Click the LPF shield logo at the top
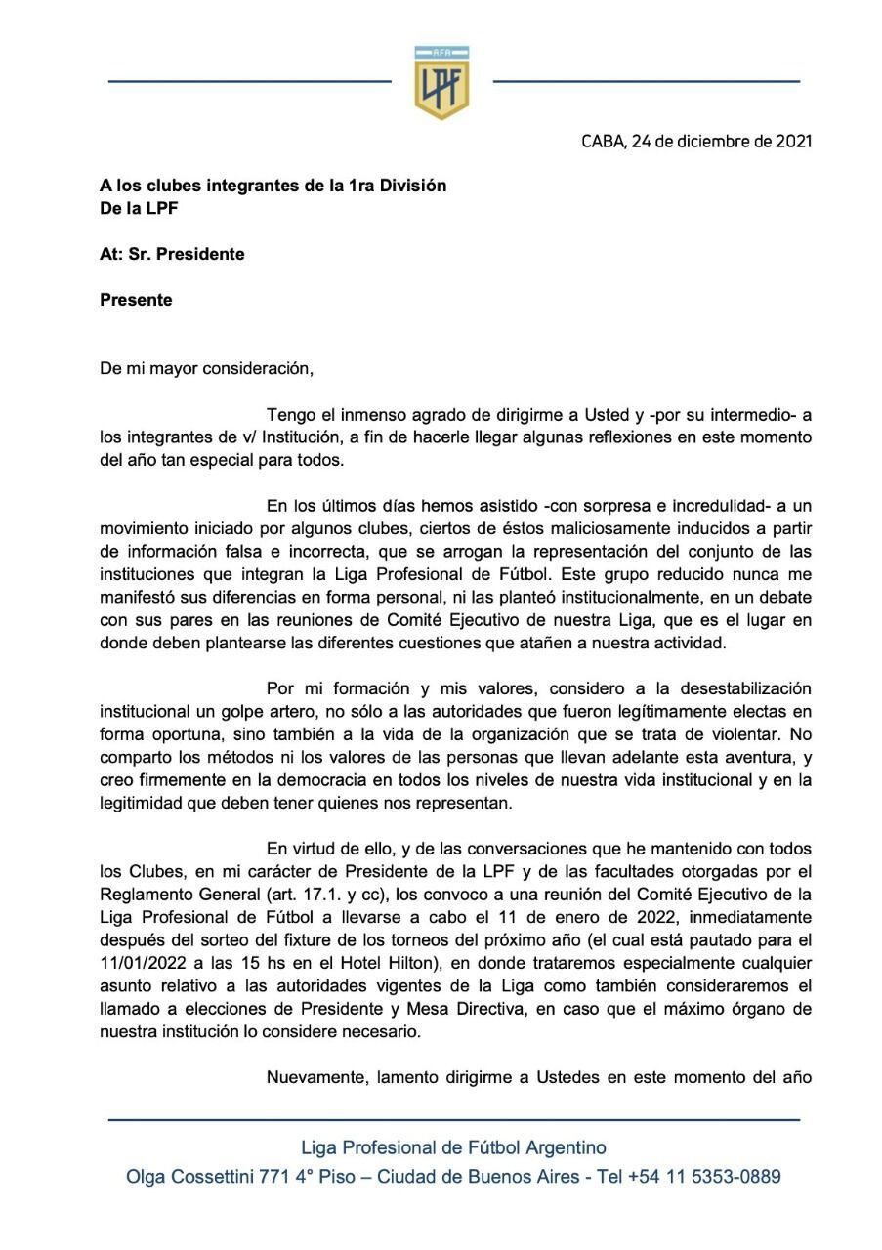442,82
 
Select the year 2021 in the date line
793,141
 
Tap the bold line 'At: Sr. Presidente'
172,254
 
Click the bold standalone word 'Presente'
136,300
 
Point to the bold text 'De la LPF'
139,207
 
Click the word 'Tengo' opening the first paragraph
289,414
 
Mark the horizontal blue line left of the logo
249,81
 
